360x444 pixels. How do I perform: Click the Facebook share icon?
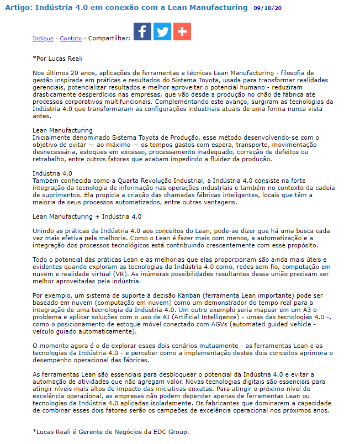142,31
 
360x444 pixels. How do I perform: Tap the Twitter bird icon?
162,31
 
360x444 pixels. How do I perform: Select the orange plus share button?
182,31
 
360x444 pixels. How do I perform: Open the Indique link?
43,39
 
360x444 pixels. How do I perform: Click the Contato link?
71,39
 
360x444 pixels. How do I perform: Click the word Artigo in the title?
18,8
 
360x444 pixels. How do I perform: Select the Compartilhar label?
109,39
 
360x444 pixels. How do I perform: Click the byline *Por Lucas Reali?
57,57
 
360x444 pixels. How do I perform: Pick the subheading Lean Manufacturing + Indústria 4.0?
87,217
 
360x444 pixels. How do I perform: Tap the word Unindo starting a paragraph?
45,231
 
